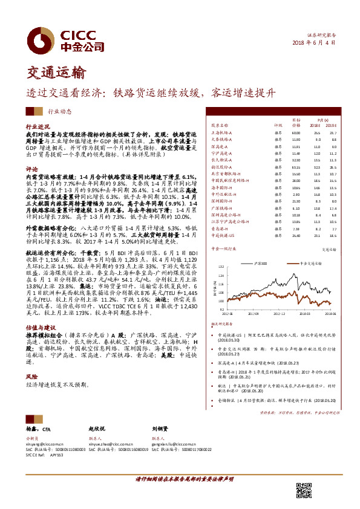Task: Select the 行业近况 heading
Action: coord(36,127)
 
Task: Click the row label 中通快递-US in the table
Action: coord(223,235)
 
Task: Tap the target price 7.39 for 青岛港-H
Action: coord(296,229)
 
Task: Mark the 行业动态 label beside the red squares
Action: coord(60,111)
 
